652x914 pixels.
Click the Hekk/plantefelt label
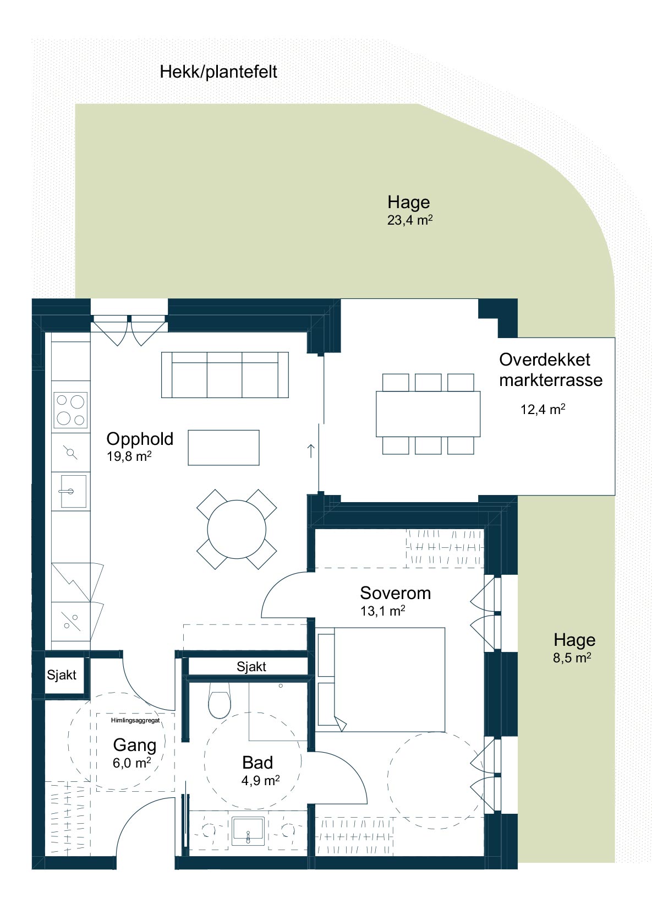point(218,72)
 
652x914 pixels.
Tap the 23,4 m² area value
point(409,220)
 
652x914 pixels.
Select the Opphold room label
point(140,439)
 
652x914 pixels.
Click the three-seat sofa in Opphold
point(224,374)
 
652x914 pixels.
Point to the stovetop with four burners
point(70,409)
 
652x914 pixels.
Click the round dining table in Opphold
point(237,530)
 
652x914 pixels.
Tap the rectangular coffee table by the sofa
point(223,447)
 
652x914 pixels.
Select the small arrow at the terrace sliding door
point(311,450)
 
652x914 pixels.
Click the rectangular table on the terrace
point(428,414)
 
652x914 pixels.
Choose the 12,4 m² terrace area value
point(543,409)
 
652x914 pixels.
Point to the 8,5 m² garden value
point(572,658)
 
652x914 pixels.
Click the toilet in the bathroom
point(220,699)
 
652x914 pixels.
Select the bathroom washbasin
point(248,831)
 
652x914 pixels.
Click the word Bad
point(257,762)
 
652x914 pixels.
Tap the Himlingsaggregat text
point(135,721)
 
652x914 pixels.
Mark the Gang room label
point(135,745)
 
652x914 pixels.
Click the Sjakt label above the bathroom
point(251,667)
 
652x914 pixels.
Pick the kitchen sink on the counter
point(73,491)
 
